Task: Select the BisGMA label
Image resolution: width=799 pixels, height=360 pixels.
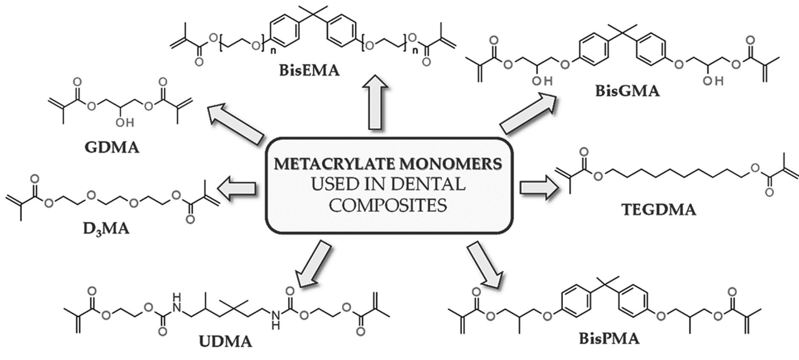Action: pos(627,91)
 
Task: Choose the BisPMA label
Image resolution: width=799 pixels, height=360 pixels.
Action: pos(609,339)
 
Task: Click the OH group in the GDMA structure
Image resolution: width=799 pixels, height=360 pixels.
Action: pos(125,123)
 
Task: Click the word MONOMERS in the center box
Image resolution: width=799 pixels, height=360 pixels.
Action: pos(452,164)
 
